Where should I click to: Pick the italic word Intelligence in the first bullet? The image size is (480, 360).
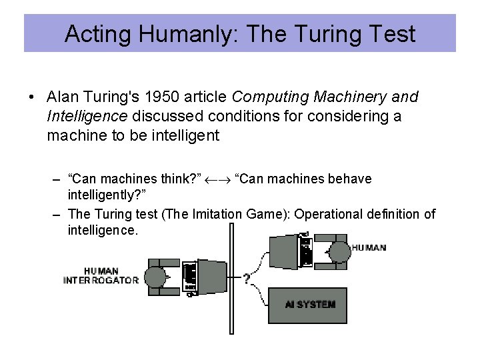(x=87, y=117)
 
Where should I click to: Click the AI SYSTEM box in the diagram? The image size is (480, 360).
(x=307, y=305)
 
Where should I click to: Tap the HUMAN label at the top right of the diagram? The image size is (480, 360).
(x=368, y=247)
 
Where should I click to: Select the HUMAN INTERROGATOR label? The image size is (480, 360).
(x=101, y=276)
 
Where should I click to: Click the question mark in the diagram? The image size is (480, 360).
(x=247, y=279)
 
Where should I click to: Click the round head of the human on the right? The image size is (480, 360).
(x=339, y=251)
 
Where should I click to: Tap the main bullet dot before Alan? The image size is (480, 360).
(x=32, y=97)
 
